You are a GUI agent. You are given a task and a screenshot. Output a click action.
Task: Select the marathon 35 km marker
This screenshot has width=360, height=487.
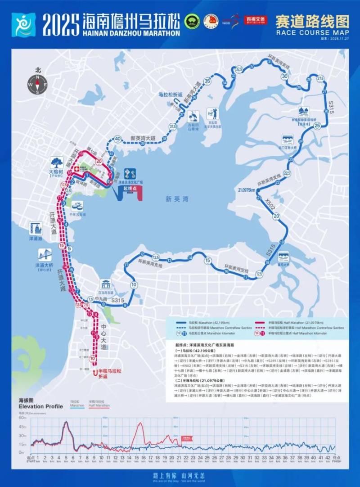207,81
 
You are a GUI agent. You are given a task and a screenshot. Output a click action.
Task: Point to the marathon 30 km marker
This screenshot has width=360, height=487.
284,76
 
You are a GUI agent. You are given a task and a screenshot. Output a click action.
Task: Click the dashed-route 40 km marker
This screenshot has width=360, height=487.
117,139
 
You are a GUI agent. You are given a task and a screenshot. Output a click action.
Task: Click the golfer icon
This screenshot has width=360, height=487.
212,113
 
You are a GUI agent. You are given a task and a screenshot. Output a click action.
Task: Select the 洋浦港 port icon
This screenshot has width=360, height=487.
36,228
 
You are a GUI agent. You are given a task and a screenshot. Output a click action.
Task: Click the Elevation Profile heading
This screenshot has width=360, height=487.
40,406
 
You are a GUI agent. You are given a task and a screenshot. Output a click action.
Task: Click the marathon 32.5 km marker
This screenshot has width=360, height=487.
238,69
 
